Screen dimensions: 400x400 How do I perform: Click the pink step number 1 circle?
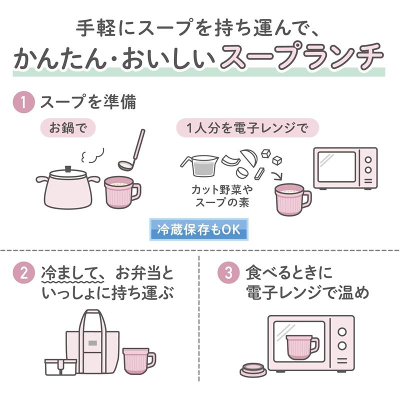[23, 102]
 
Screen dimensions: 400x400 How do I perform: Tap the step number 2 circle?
[23, 273]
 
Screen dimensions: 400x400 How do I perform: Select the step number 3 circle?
[228, 273]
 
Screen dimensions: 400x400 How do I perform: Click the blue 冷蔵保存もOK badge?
[198, 229]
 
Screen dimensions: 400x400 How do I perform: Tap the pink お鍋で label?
[68, 128]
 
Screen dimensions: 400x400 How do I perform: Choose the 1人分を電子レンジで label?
[247, 128]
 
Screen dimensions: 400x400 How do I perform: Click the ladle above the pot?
[131, 150]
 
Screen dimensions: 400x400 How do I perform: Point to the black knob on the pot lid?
[68, 168]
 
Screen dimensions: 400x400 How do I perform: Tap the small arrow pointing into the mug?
[277, 176]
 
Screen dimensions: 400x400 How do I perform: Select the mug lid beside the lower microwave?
[253, 369]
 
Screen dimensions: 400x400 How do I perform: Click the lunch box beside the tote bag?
[60, 367]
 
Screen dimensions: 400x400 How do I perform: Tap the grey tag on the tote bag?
[92, 343]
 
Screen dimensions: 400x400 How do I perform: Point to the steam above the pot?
[92, 155]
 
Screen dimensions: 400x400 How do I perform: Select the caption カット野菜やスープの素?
[222, 196]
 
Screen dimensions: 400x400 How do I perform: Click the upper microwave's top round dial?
[368, 160]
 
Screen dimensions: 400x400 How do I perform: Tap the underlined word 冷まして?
[72, 273]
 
